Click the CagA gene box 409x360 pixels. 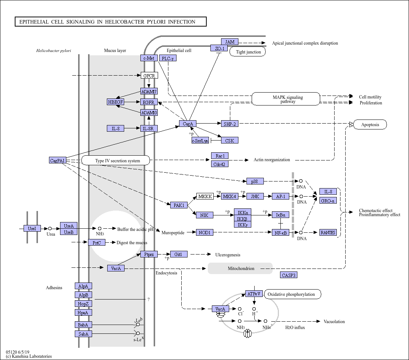[x=188, y=124]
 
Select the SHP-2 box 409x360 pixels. [x=230, y=124]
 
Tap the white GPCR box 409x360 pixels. [x=149, y=76]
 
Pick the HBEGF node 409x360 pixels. [x=115, y=102]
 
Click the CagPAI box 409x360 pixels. [x=57, y=160]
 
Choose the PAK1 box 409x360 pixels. [x=179, y=205]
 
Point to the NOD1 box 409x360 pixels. [x=204, y=232]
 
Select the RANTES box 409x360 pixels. [x=328, y=232]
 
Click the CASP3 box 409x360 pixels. [x=289, y=275]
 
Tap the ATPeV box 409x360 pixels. [x=254, y=294]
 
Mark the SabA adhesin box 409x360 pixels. [x=84, y=334]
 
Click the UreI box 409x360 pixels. [x=32, y=228]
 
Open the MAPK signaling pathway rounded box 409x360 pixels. [x=286, y=99]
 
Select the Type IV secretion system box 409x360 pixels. [x=116, y=160]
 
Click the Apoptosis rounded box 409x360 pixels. [x=370, y=125]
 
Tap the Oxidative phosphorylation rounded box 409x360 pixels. [x=293, y=294]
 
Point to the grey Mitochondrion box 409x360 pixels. [x=240, y=269]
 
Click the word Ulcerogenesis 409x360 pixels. [x=228, y=255]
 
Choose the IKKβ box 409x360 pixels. [x=242, y=218]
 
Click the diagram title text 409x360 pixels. [x=107, y=22]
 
